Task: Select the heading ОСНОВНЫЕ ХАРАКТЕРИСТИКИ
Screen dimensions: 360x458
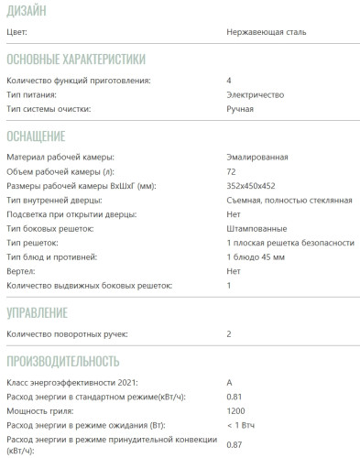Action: (x=76, y=60)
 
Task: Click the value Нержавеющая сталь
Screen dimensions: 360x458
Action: (x=267, y=32)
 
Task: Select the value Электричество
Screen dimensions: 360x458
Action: (x=256, y=95)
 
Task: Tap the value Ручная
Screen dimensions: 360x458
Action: (x=240, y=109)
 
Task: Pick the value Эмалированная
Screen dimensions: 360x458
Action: (x=260, y=158)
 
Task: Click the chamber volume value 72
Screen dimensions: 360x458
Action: (x=231, y=171)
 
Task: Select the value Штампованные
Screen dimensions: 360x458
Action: (x=257, y=228)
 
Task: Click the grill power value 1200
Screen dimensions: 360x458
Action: (x=235, y=410)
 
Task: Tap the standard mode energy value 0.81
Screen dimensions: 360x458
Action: (x=234, y=397)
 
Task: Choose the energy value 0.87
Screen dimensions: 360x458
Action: (x=234, y=445)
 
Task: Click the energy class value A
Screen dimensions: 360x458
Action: (x=229, y=382)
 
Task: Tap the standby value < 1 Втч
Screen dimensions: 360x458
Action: (x=245, y=425)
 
